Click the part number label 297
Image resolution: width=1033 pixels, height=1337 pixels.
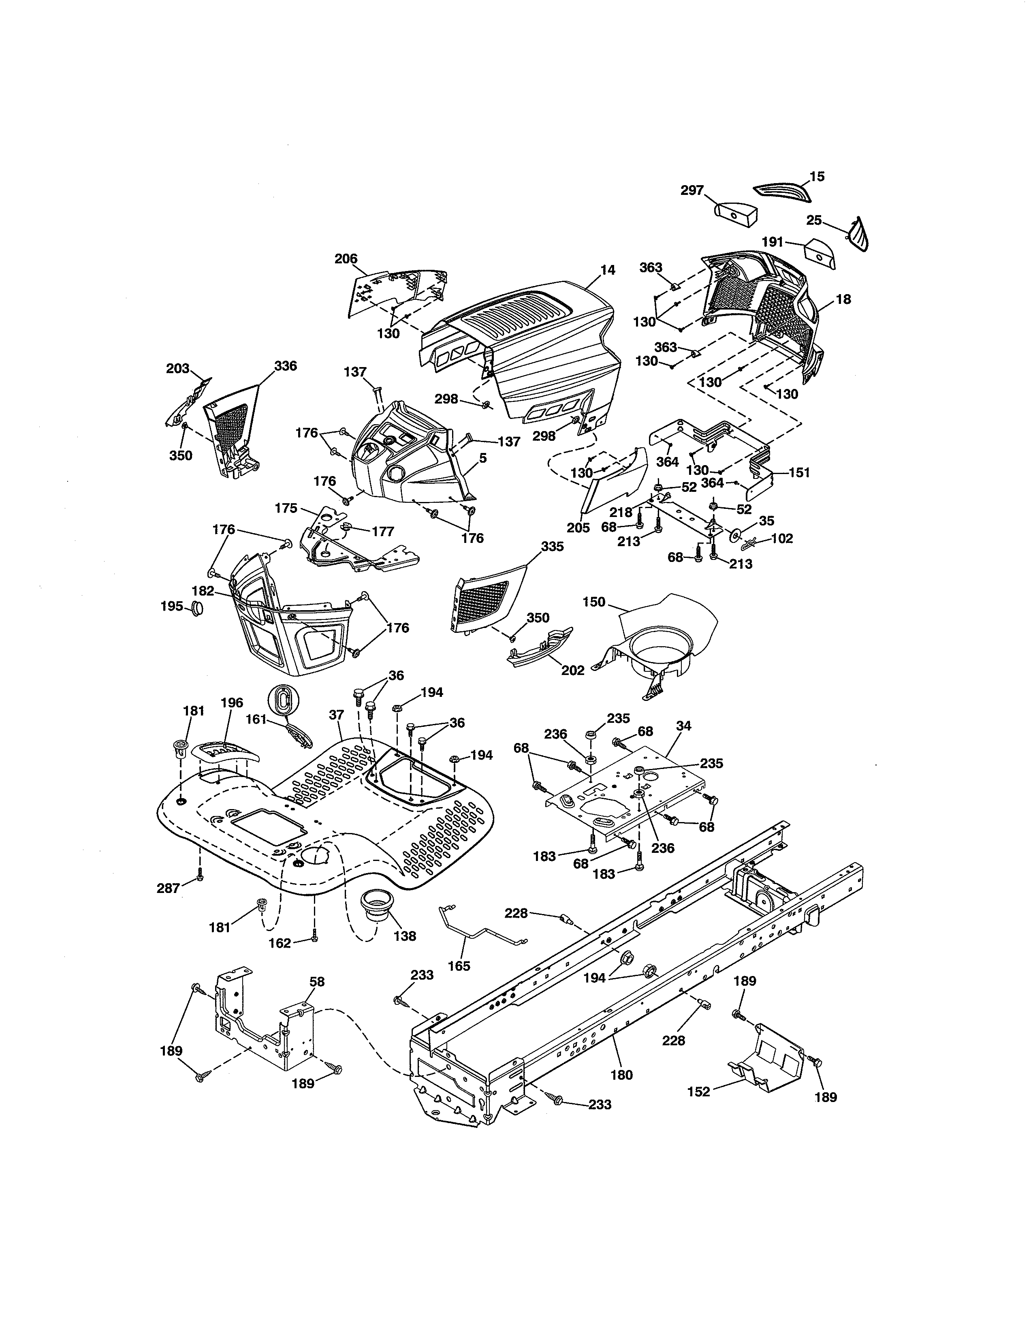pos(692,190)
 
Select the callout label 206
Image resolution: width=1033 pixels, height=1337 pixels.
pos(346,258)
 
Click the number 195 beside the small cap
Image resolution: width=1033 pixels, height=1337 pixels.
pos(171,606)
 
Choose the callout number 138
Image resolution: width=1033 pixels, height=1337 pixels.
pos(405,936)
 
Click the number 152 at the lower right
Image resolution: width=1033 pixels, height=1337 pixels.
pos(699,1091)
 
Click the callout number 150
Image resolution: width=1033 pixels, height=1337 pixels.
pos(593,602)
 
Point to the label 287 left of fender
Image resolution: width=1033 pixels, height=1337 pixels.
pos(169,888)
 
